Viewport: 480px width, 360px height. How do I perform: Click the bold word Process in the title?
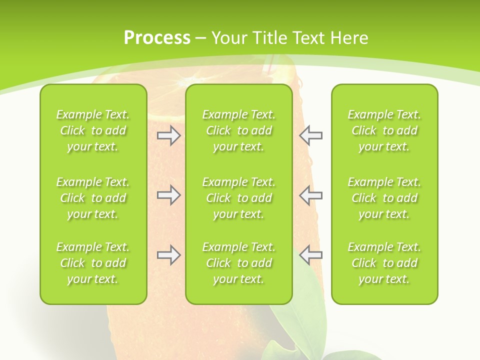157,38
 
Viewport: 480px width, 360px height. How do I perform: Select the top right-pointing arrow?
168,135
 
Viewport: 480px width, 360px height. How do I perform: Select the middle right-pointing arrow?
168,195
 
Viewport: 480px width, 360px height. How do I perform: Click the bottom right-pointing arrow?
168,255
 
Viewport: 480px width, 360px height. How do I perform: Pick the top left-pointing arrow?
311,135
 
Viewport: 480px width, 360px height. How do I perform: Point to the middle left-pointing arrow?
311,195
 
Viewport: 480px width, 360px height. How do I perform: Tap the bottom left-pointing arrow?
311,255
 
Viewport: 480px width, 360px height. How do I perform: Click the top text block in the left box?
93,130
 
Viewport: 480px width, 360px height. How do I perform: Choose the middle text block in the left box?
93,198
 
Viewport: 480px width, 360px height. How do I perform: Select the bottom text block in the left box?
93,263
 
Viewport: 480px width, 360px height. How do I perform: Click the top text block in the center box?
238,130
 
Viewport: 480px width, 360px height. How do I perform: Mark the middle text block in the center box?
238,198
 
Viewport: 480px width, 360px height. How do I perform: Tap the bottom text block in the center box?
238,263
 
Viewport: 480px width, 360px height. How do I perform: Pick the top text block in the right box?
384,130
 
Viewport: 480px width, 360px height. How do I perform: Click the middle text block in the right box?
384,198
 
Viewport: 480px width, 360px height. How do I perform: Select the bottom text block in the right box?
384,263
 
